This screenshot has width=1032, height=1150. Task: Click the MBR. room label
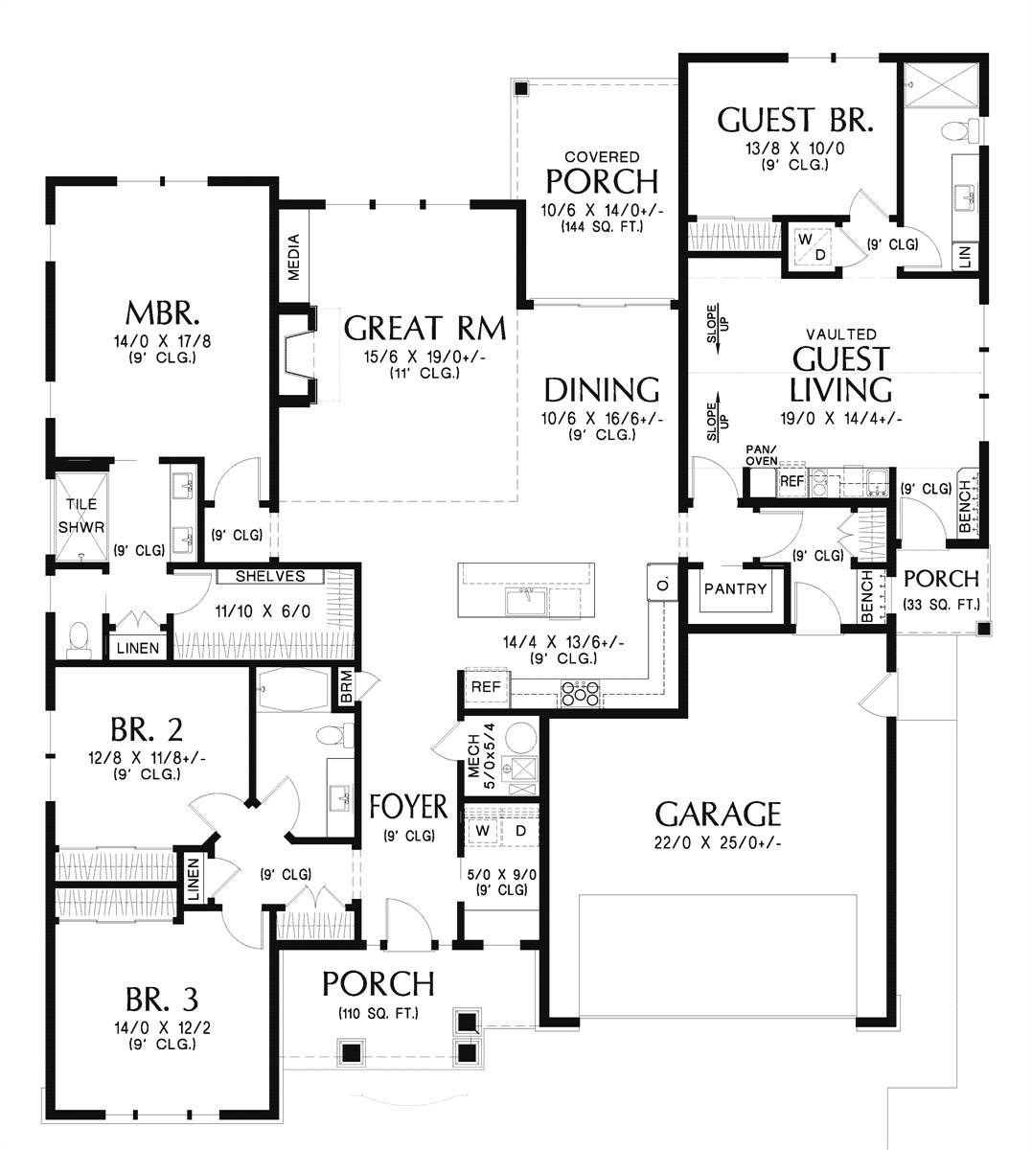coord(162,313)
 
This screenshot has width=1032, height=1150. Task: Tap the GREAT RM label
coord(424,329)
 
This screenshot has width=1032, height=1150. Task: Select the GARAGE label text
coord(718,815)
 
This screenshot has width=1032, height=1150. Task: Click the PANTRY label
coord(735,588)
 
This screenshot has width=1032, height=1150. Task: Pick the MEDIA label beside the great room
coord(294,257)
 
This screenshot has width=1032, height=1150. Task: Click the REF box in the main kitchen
coord(486,687)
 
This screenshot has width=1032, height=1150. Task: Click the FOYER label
coord(408,807)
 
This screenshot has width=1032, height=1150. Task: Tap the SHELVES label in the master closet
coord(270,577)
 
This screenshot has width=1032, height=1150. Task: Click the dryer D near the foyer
coord(520,830)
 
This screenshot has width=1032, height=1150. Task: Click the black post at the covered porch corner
coord(520,89)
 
